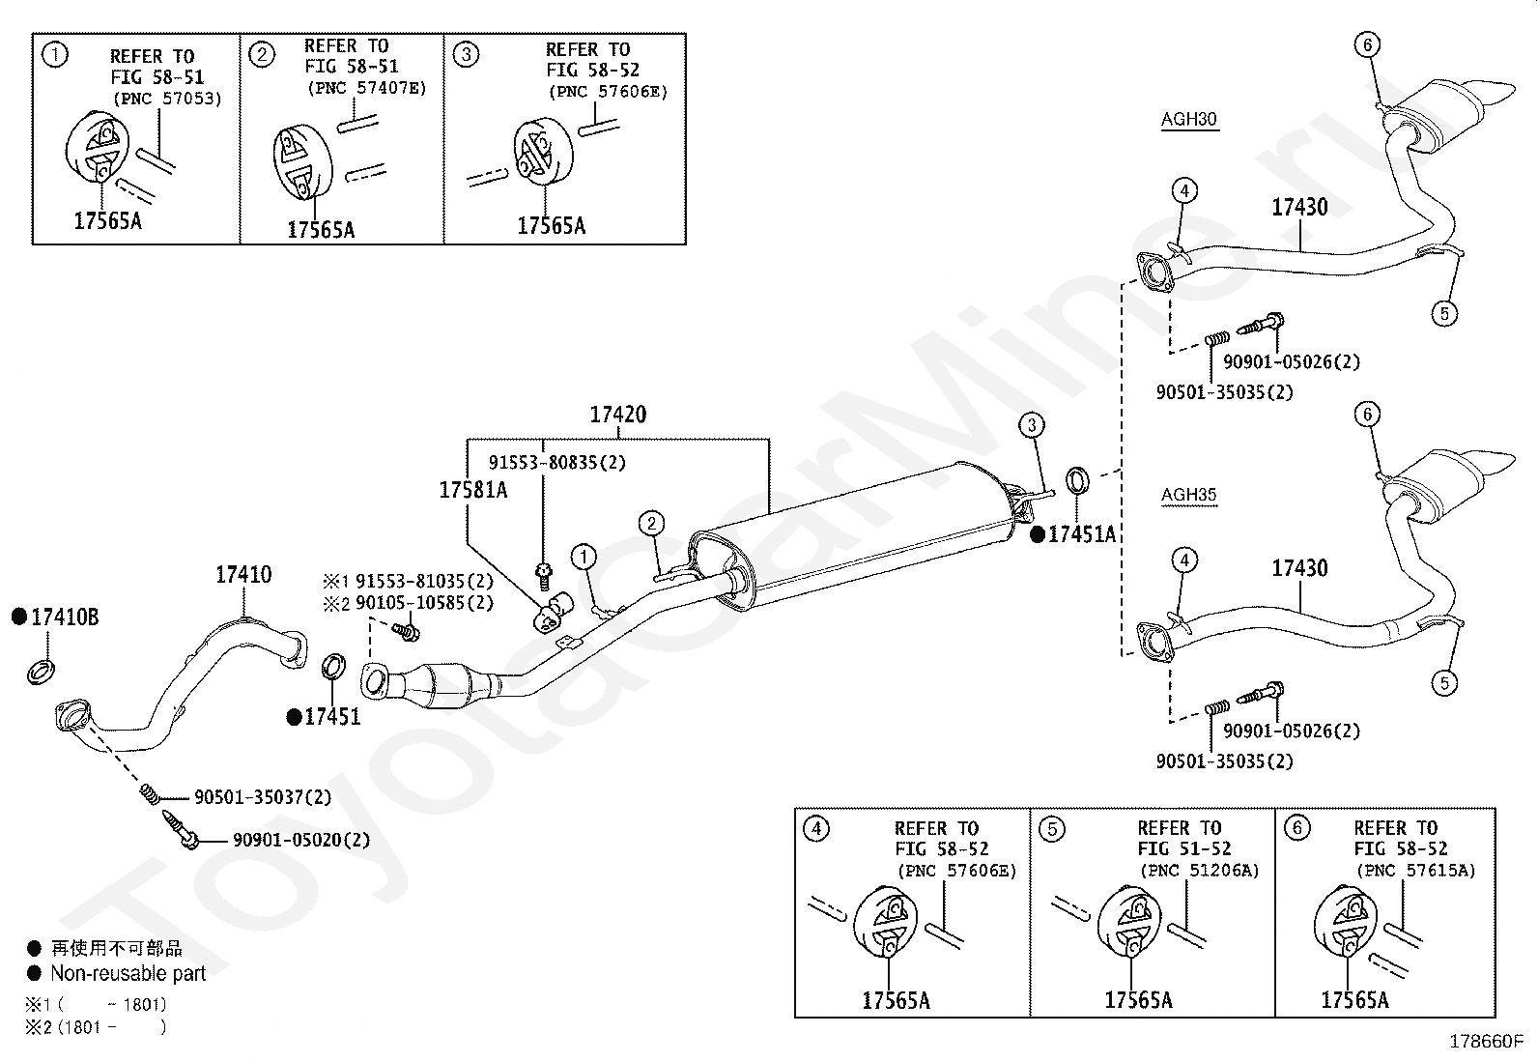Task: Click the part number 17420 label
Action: (x=618, y=415)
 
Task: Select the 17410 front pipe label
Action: (x=243, y=574)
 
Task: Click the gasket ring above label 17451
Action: (x=333, y=667)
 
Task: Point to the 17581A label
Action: (x=473, y=490)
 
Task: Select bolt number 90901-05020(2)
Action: (x=301, y=840)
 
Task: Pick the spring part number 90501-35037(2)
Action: (x=263, y=797)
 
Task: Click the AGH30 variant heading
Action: (x=1188, y=119)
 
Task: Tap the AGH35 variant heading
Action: (x=1188, y=495)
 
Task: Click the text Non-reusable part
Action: (x=128, y=973)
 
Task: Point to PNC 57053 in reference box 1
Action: (x=167, y=99)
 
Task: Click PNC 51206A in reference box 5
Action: (x=1200, y=871)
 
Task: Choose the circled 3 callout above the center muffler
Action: (x=1031, y=425)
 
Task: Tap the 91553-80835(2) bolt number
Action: (x=557, y=462)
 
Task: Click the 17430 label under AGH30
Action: (x=1299, y=207)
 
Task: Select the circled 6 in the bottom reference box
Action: (x=1297, y=827)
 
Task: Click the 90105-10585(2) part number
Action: (x=424, y=602)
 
